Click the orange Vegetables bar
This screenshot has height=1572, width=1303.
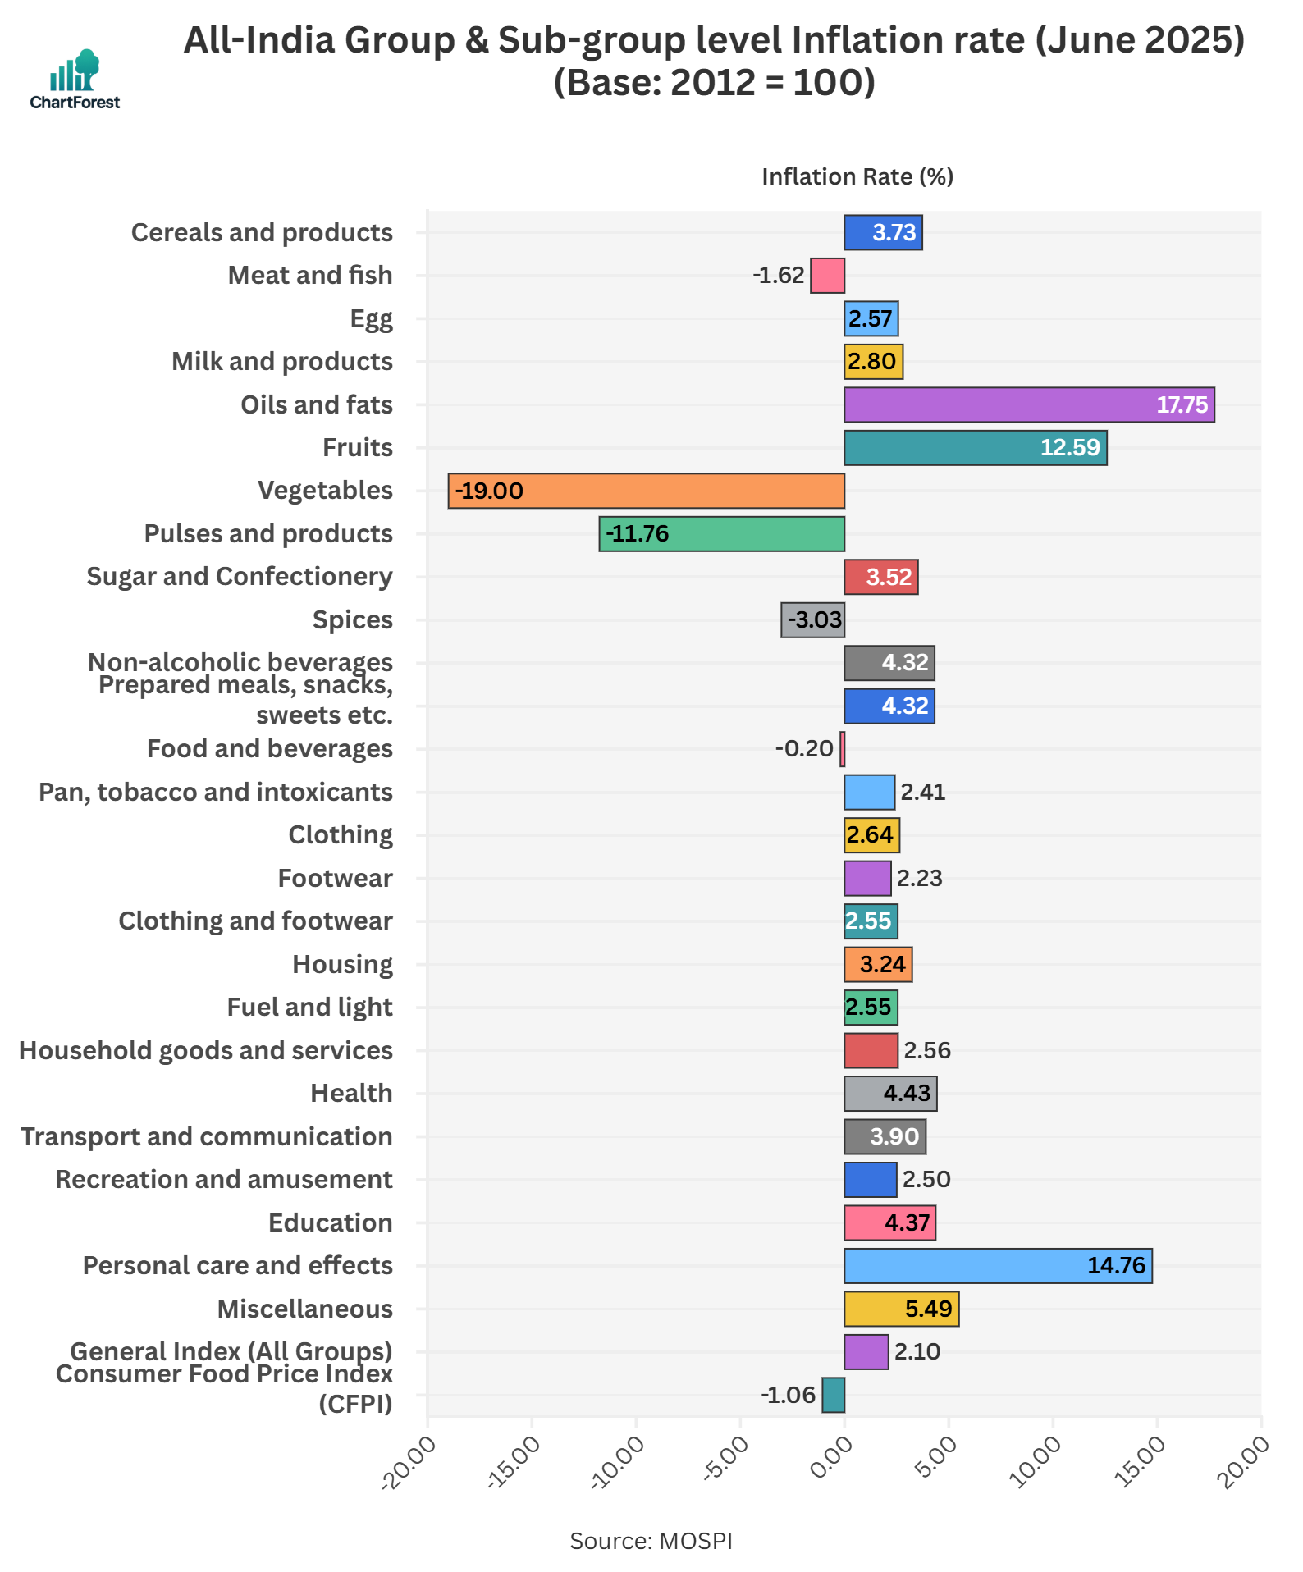pos(646,491)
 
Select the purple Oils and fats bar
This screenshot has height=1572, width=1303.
pos(1029,404)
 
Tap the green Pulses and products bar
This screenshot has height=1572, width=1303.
pos(721,533)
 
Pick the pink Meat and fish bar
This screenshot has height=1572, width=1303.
pos(827,275)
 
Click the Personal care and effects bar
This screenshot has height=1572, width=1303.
pos(998,1265)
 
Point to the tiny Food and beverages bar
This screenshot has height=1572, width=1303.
pos(842,748)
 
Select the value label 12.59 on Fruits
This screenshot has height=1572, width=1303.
pos(1069,447)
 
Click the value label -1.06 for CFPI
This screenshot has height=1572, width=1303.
pos(788,1395)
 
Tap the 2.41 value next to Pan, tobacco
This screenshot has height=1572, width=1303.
pos(922,792)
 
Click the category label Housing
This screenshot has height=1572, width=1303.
pos(342,964)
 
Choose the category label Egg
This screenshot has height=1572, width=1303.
pos(371,318)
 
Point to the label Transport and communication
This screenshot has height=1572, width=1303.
pos(207,1136)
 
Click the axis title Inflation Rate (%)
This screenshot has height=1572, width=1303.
pos(857,177)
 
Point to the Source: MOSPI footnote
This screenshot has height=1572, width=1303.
pos(651,1541)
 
